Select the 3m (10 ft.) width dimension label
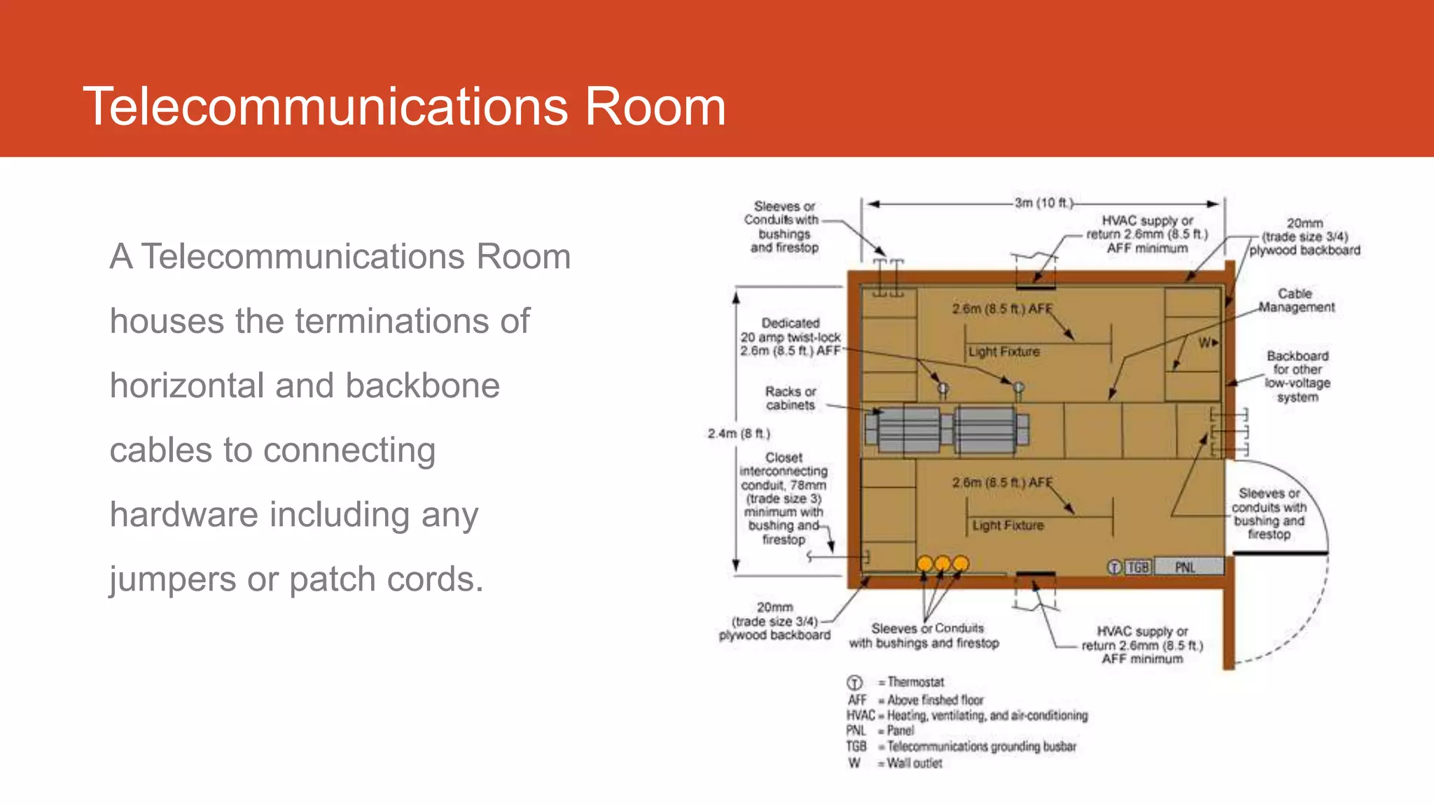pos(1043,203)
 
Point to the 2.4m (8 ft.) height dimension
pos(738,434)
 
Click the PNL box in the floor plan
pos(1185,567)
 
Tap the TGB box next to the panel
pos(1138,567)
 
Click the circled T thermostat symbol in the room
pos(1114,567)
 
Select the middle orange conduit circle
pos(942,563)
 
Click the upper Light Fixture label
pos(1003,352)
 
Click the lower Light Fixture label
pos(1008,525)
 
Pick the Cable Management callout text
pos(1296,300)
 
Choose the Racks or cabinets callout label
pos(790,398)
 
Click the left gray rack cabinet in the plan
pos(909,429)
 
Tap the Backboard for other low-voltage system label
pos(1297,376)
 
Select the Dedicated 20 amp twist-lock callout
pos(790,337)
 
